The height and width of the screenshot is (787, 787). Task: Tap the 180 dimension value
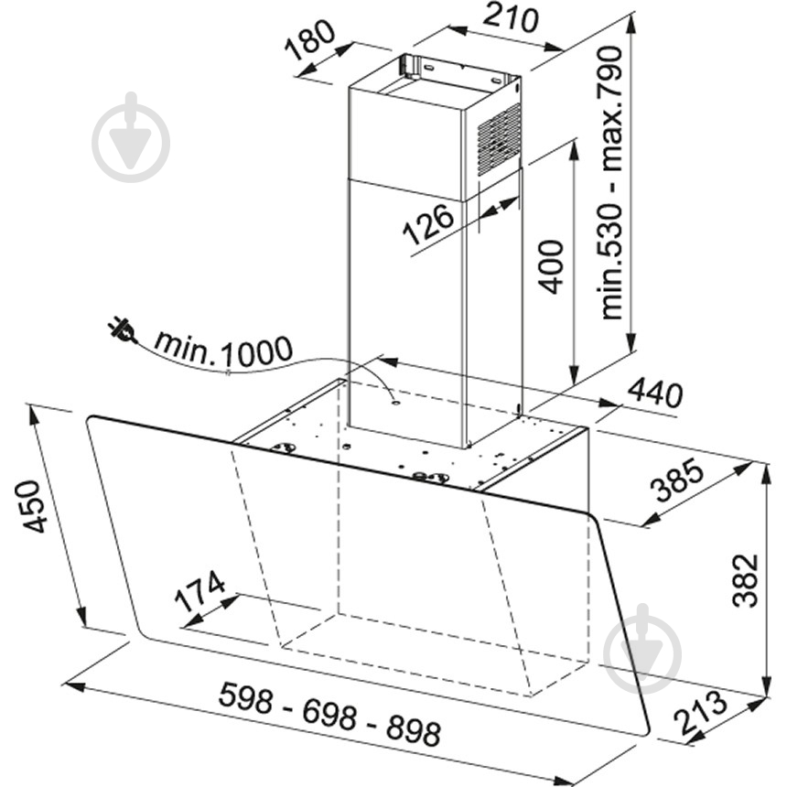coord(309,39)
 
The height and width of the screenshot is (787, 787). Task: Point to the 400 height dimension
coord(551,266)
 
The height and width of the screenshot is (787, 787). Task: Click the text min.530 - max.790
coord(610,183)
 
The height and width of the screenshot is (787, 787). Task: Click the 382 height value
coord(745,580)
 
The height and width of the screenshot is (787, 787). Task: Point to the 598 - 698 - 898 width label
coord(329,714)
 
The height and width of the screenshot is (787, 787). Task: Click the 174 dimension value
coord(199,591)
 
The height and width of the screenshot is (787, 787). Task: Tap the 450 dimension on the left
coord(34,506)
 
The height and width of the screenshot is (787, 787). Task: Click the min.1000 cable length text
coord(223,350)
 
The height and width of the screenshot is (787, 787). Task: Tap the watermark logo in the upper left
coord(131,137)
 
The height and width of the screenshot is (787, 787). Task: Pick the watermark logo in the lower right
coord(642,649)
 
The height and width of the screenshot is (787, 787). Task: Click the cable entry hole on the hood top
coord(395,402)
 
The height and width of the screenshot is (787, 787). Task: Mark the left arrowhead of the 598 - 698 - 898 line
coord(74,686)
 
